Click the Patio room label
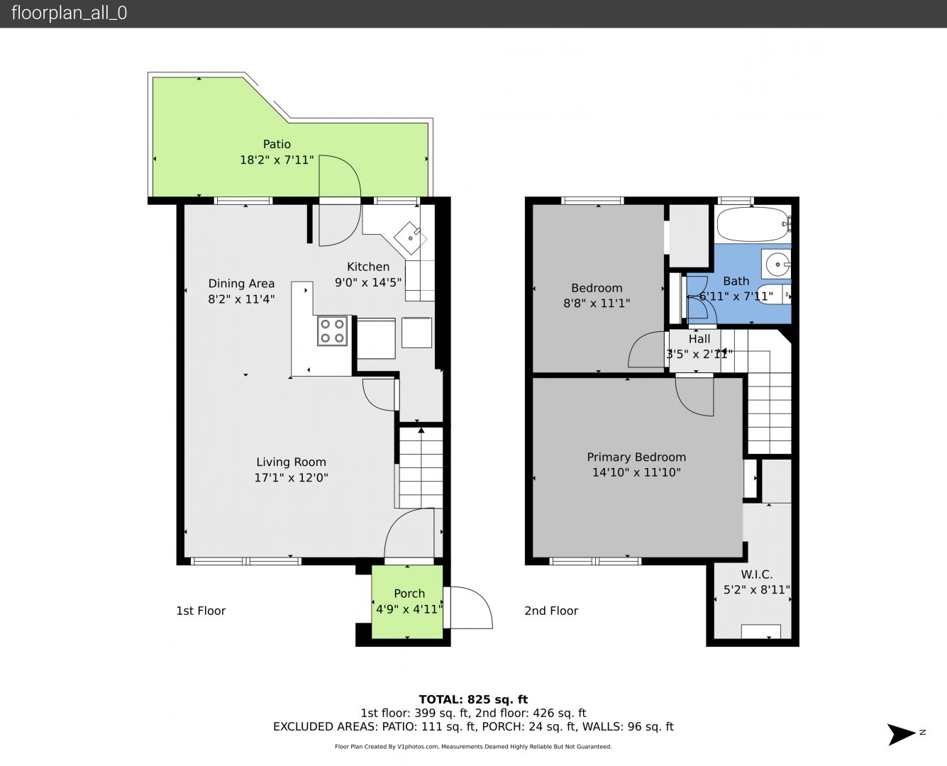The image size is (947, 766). pyautogui.click(x=277, y=144)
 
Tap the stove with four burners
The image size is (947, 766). pyautogui.click(x=332, y=331)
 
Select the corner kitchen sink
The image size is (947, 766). pyautogui.click(x=410, y=238)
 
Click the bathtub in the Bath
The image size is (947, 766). pyautogui.click(x=754, y=223)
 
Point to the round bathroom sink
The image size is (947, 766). pyautogui.click(x=777, y=264)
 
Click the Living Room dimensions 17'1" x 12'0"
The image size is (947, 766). pyautogui.click(x=292, y=477)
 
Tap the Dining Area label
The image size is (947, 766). pyautogui.click(x=241, y=283)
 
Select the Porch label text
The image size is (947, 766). pyautogui.click(x=409, y=593)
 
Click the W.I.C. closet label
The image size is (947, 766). pyautogui.click(x=756, y=574)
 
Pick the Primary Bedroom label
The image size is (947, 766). pyautogui.click(x=636, y=457)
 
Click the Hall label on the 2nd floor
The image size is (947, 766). pyautogui.click(x=699, y=339)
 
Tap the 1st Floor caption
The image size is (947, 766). pyautogui.click(x=201, y=611)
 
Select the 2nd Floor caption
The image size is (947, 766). pyautogui.click(x=551, y=611)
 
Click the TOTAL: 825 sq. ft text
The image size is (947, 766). pyautogui.click(x=473, y=699)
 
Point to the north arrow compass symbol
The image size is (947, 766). pyautogui.click(x=902, y=734)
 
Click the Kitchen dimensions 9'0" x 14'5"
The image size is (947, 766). pyautogui.click(x=368, y=282)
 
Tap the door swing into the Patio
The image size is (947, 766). pyautogui.click(x=340, y=176)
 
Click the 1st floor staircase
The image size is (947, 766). pyautogui.click(x=421, y=467)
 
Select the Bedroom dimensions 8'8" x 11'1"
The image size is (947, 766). pyautogui.click(x=597, y=303)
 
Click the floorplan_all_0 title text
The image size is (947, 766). pyautogui.click(x=69, y=13)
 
